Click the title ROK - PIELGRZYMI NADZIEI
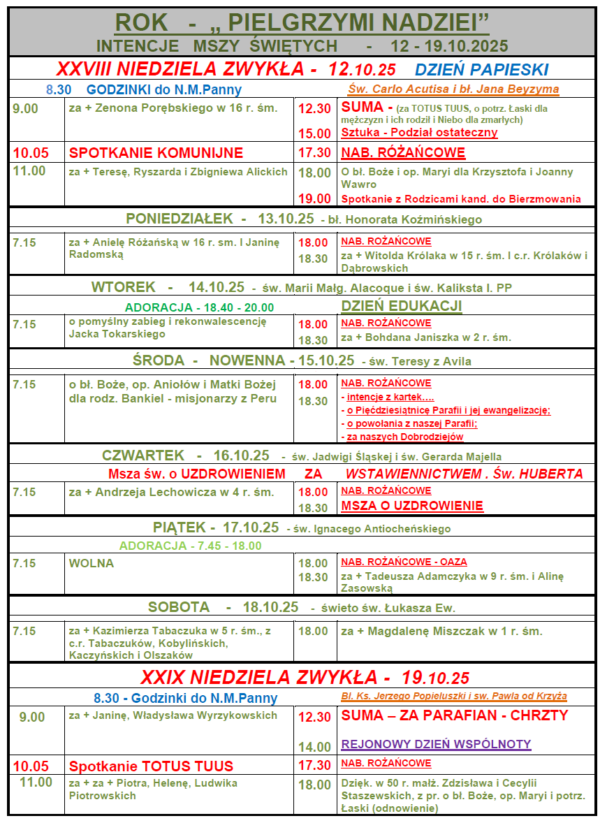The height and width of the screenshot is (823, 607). coord(302,22)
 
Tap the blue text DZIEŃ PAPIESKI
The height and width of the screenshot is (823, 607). coord(481,69)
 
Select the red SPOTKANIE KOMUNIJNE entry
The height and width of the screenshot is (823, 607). coord(156,153)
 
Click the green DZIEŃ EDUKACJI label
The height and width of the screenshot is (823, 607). coord(402,306)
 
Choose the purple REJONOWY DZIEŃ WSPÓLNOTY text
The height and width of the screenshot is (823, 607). coord(436,744)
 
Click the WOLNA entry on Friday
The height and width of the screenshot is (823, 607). coord(92,563)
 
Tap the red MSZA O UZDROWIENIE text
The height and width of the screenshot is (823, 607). coord(412,506)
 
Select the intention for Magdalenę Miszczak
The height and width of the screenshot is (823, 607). coord(441,631)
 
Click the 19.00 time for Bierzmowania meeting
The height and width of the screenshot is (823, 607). coord(314,198)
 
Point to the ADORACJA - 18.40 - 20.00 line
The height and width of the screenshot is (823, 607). coord(199,307)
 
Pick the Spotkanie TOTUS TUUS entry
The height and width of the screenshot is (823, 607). coord(151,766)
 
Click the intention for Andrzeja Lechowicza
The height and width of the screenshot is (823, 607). coord(171,492)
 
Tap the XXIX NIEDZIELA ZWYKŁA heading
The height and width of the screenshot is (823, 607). coord(305,677)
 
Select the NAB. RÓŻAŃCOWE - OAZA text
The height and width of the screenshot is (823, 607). coord(404,562)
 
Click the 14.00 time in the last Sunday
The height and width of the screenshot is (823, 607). coord(314,747)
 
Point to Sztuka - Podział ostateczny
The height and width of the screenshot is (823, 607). coord(419,133)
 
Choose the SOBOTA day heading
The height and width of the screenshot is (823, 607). coord(179,607)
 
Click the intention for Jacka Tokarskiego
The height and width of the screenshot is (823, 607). coord(168,328)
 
